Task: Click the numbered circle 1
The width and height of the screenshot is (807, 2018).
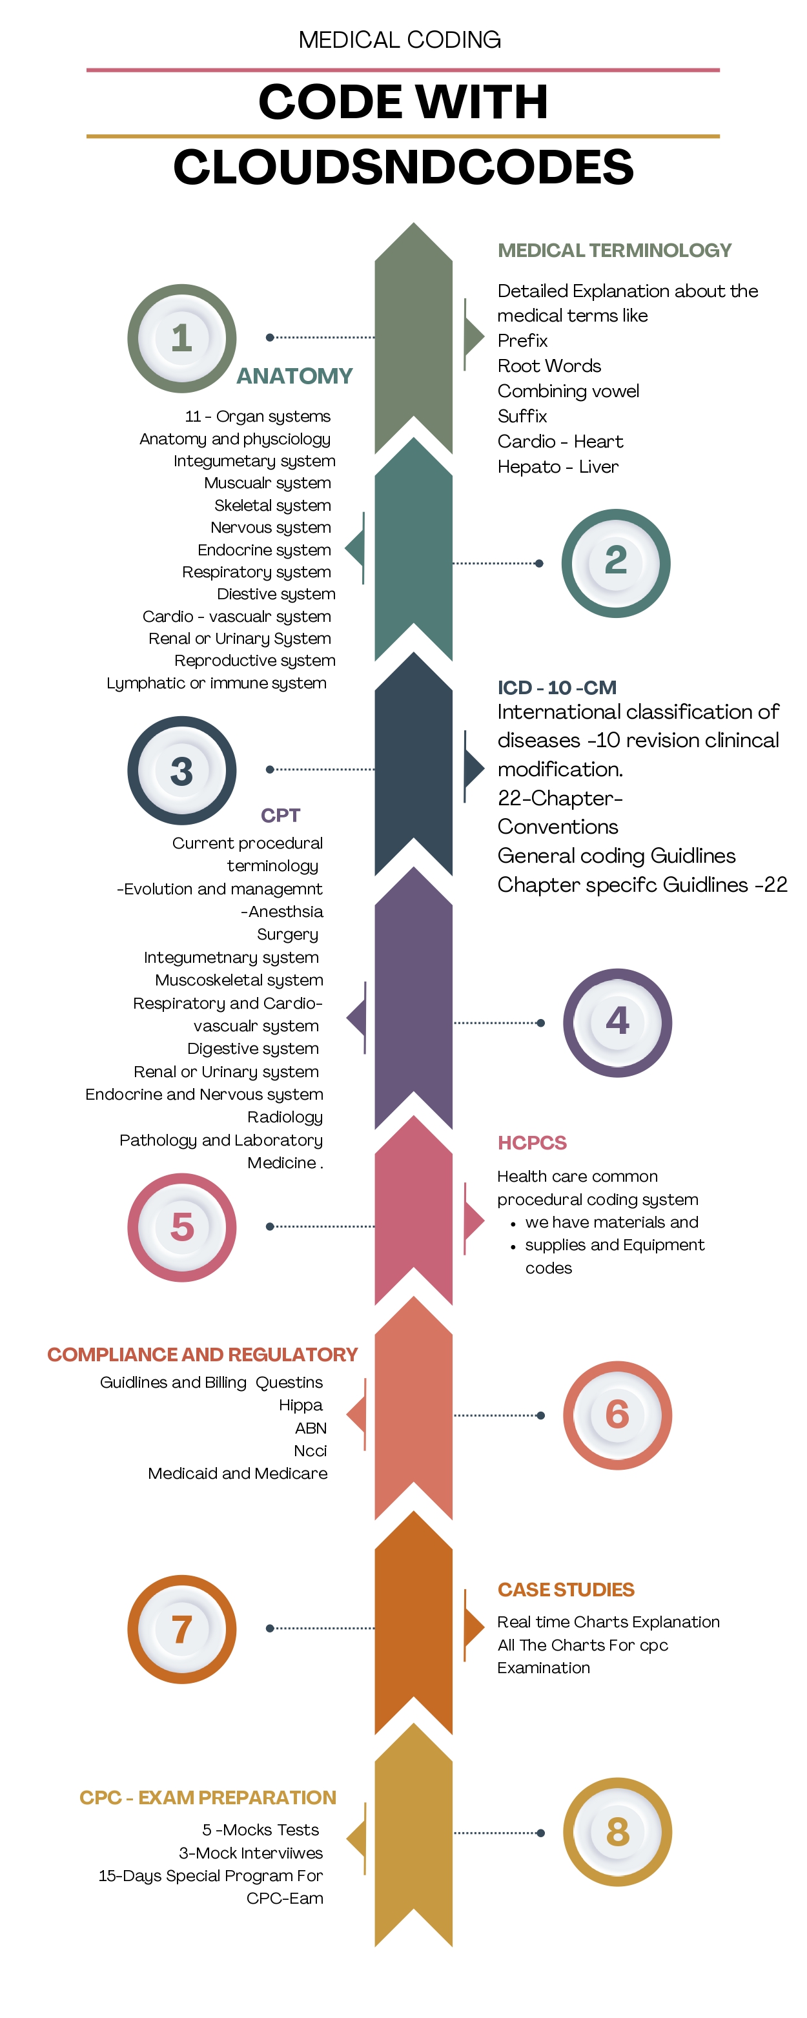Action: pos(182,338)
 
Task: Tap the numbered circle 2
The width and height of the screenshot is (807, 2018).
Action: pos(616,562)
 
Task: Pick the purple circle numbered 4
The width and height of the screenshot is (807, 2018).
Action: pos(617,1022)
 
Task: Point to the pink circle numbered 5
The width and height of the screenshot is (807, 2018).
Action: pos(182,1227)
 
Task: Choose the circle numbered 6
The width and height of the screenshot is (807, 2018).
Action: pos(617,1415)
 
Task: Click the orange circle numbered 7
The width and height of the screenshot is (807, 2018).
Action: pos(182,1629)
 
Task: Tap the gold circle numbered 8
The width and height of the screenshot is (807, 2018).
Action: pos(617,1832)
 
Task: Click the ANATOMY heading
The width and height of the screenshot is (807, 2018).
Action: pos(294,376)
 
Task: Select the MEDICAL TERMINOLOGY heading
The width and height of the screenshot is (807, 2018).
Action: pos(614,251)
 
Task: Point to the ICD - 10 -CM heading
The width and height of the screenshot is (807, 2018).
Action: pos(557,687)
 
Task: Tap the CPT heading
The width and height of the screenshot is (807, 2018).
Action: pos(280,816)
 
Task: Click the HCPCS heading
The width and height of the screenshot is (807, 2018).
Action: pos(532,1142)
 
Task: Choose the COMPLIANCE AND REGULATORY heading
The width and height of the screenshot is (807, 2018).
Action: pos(202,1354)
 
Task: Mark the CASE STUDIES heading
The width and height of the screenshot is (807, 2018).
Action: pos(566,1589)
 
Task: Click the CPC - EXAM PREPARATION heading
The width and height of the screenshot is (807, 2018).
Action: pos(208,1797)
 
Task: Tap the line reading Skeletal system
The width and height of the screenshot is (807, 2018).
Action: pos(272,505)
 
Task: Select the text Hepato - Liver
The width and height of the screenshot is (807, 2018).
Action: pos(558,467)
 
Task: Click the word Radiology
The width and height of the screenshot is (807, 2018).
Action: pos(285,1117)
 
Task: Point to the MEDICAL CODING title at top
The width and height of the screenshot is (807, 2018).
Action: pos(400,39)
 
